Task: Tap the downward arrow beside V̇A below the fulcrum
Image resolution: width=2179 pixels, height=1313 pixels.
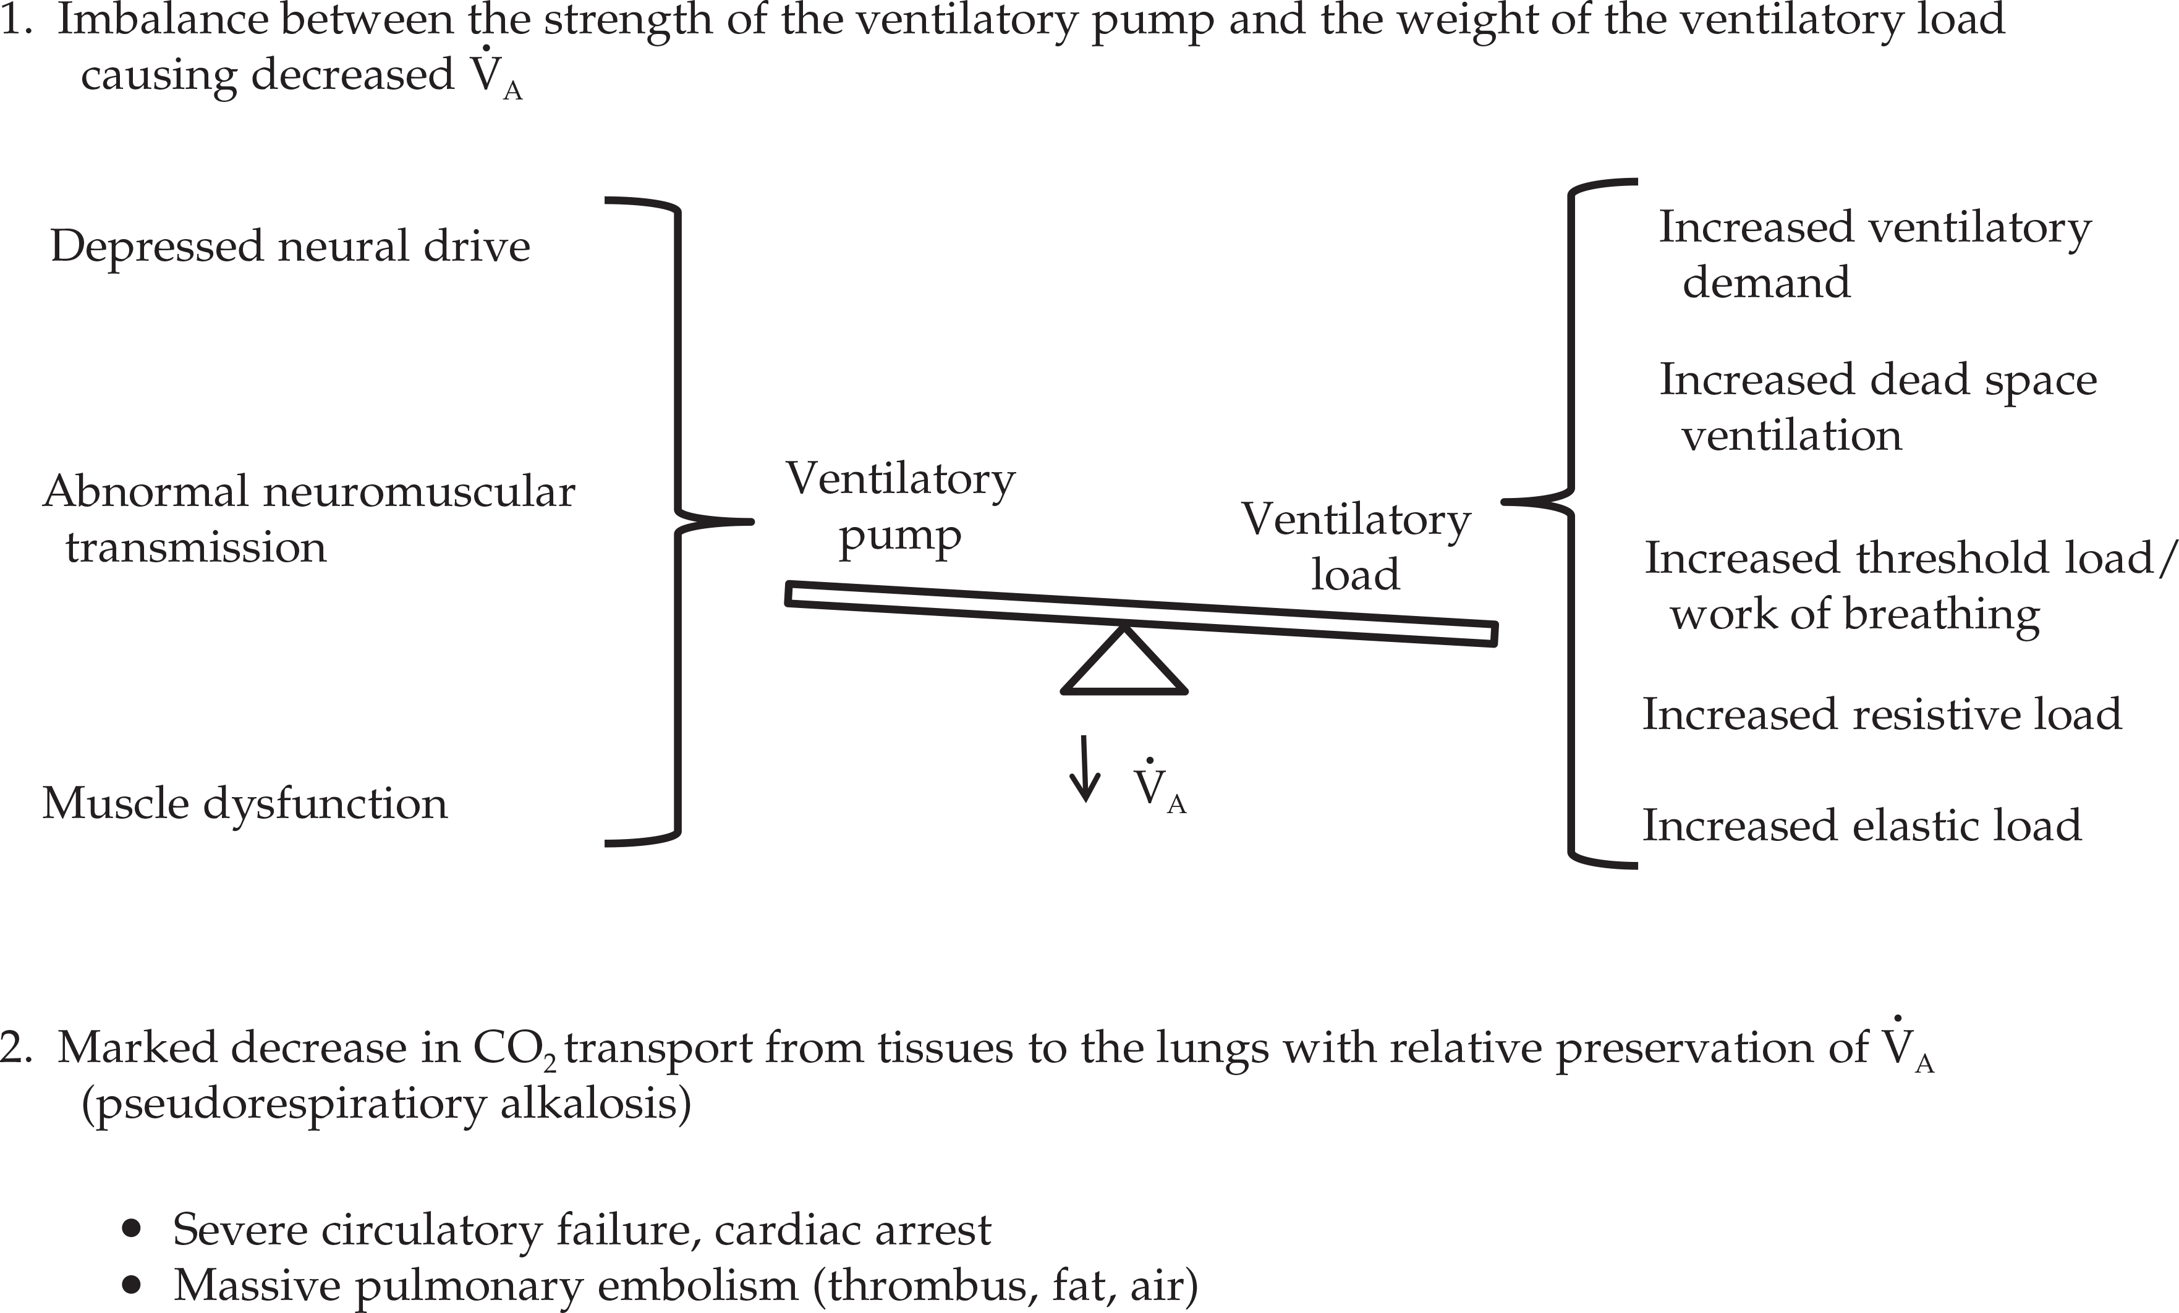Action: click(x=1085, y=769)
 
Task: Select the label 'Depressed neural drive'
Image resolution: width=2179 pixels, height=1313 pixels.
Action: click(x=290, y=247)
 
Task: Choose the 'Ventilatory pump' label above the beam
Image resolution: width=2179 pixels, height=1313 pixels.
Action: click(x=900, y=507)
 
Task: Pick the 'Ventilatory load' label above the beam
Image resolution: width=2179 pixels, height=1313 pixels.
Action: click(x=1356, y=546)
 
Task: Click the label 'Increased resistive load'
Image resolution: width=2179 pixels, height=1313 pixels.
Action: click(x=1882, y=714)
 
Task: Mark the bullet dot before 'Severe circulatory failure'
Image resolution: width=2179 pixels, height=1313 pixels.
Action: click(x=132, y=1229)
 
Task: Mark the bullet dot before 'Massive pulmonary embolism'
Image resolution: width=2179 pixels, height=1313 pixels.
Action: click(x=132, y=1285)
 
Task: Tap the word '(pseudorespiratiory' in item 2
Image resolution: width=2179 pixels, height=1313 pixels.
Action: click(x=284, y=1104)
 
